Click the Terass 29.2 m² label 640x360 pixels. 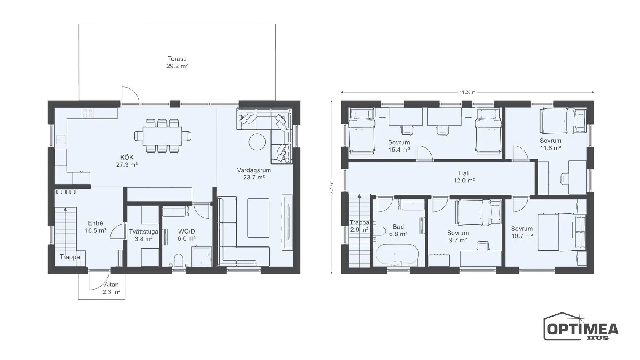tap(177, 62)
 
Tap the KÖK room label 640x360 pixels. tap(127, 157)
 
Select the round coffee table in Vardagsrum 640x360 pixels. tap(257, 142)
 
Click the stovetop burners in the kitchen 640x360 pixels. tap(88, 113)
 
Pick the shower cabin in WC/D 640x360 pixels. tap(202, 257)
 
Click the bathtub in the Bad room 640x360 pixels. tap(397, 255)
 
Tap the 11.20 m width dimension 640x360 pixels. tap(467, 92)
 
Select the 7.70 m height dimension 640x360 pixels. tap(331, 187)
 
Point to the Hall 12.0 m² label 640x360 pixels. tap(464, 177)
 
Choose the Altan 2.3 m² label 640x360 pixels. tap(111, 288)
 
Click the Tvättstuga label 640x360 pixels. tap(143, 232)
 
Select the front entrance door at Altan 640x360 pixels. tap(99, 280)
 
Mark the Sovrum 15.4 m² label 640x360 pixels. tap(399, 146)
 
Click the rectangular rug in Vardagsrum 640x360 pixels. tap(258, 218)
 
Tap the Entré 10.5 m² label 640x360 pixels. tap(95, 227)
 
